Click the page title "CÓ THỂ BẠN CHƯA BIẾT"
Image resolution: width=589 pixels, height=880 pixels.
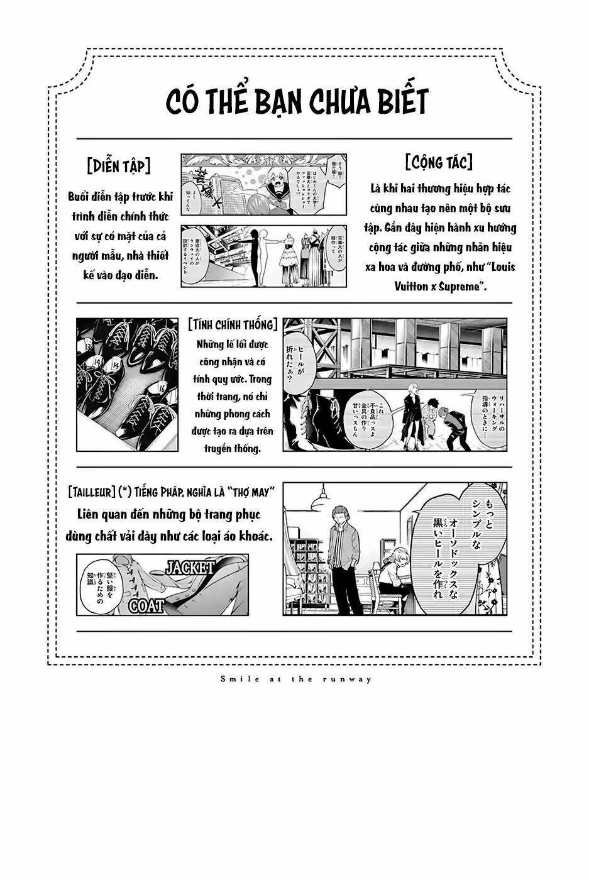coord(297,101)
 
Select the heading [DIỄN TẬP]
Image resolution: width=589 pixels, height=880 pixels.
coord(119,165)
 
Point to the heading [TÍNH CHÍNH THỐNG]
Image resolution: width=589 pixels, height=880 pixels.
coord(232,324)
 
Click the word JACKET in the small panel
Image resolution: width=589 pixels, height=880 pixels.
coord(190,566)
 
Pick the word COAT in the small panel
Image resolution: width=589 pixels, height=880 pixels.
coord(147,605)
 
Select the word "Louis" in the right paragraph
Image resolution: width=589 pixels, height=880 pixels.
coord(500,267)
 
